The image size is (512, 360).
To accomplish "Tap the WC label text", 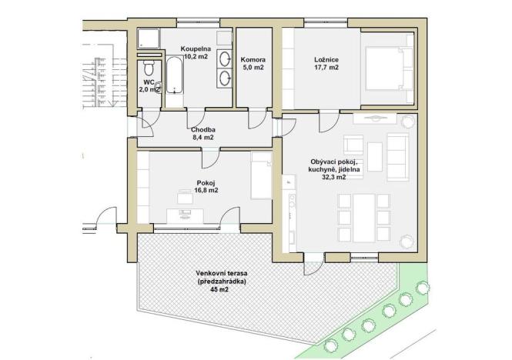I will tap(149, 82).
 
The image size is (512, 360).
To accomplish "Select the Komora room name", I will tap(253, 58).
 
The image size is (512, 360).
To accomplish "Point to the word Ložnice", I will tap(327, 58).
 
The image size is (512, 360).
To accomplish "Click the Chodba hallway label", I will tap(202, 130).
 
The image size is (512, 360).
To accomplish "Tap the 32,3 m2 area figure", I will tap(329, 177).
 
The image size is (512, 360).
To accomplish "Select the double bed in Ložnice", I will tap(388, 70).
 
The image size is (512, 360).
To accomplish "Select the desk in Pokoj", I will tap(186, 213).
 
